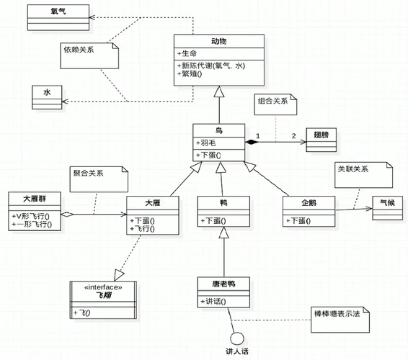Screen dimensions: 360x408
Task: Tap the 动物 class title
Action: click(x=218, y=41)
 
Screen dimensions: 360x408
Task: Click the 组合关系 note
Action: click(x=274, y=102)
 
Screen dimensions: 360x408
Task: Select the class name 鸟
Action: click(x=219, y=130)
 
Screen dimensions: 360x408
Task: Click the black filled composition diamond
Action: click(x=252, y=142)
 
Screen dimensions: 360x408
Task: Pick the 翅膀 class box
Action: click(x=321, y=138)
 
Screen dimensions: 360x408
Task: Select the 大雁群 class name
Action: click(x=35, y=198)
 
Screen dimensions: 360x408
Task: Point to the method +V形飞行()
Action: click(x=36, y=215)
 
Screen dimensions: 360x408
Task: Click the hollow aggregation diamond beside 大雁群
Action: click(x=67, y=214)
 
